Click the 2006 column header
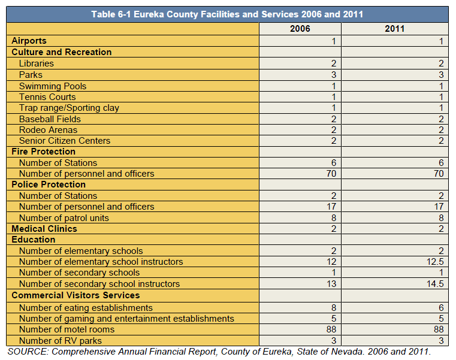pos(300,29)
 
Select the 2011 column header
pos(395,29)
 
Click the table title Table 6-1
pos(227,14)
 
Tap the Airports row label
pos(29,41)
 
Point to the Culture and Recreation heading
pos(62,52)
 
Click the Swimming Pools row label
pos(53,86)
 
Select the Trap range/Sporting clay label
pos(69,108)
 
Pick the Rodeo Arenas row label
pos(49,130)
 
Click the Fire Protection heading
pos(44,152)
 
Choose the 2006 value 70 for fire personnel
pos(331,174)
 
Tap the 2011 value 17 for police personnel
pos(439,207)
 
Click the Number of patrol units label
pos(64,218)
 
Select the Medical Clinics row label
pos(44,229)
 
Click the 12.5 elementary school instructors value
pos(435,262)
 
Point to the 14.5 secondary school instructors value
pos(435,284)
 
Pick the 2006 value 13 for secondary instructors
pos(331,284)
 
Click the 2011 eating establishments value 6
pos(441,308)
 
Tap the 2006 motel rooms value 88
pos(331,329)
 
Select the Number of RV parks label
pos(61,340)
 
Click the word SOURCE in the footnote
pos(28,352)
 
